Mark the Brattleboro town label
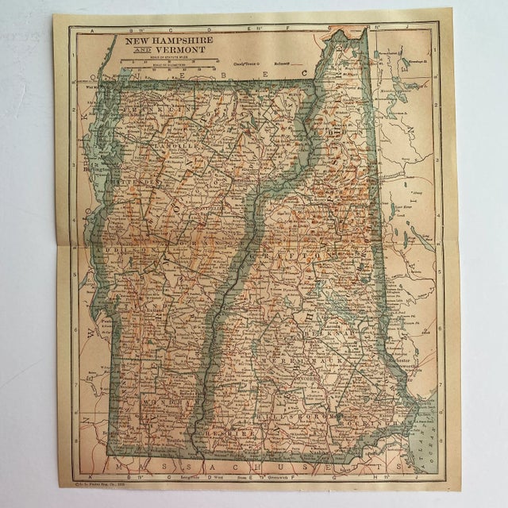tap(179, 439)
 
